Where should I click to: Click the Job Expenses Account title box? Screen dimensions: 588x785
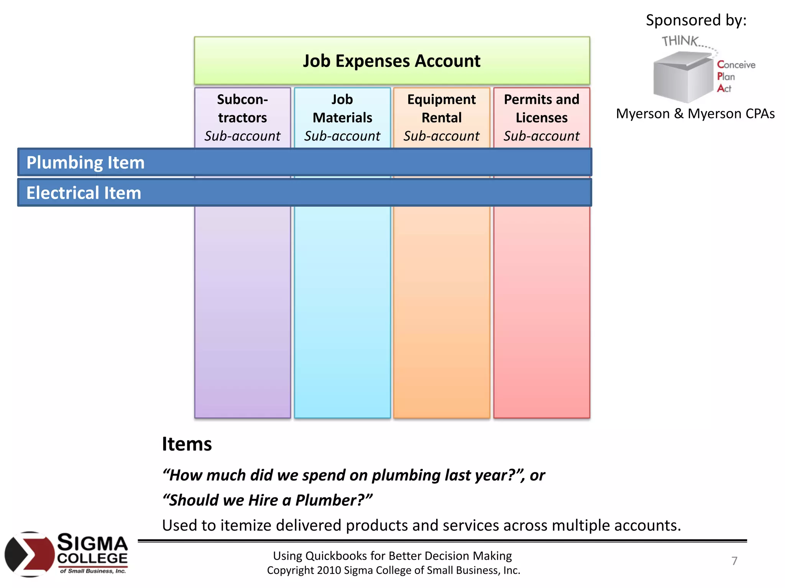click(x=391, y=61)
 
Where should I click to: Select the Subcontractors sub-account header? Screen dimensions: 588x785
click(x=242, y=117)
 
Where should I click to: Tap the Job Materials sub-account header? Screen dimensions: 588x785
click(x=342, y=117)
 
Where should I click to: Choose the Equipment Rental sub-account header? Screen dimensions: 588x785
click(x=441, y=117)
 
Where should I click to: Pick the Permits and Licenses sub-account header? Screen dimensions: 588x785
click(x=541, y=117)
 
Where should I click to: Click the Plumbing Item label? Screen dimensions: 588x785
click(x=85, y=162)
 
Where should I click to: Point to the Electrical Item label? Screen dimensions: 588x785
click(x=84, y=193)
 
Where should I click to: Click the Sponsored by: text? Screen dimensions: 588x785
click(x=696, y=20)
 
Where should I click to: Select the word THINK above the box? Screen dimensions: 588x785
click(x=680, y=41)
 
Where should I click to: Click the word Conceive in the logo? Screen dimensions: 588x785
click(x=736, y=65)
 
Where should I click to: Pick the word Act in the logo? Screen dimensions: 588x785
click(x=724, y=88)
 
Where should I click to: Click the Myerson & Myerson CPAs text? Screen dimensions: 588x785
click(x=695, y=114)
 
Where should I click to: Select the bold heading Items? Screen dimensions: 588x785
click(x=187, y=444)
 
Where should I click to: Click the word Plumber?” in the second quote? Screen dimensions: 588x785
click(x=333, y=500)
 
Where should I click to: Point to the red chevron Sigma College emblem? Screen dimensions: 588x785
click(x=30, y=554)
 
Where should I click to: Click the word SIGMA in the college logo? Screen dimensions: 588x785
click(x=92, y=543)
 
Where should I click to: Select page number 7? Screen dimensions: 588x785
click(x=734, y=561)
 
